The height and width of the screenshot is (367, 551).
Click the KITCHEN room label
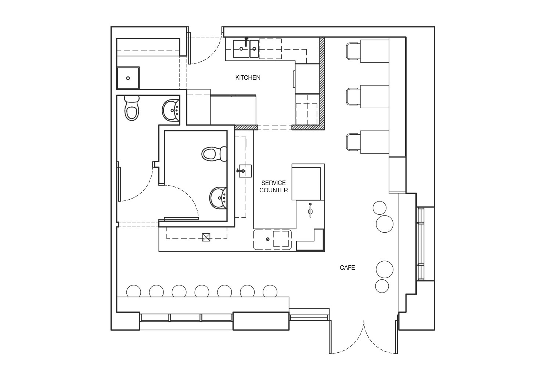click(248, 77)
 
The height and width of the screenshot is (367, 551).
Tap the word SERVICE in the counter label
click(273, 183)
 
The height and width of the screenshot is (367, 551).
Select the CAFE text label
click(347, 268)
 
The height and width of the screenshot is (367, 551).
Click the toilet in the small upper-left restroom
click(132, 108)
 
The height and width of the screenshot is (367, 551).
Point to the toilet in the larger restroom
click(214, 154)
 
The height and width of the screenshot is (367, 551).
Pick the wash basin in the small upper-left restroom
click(171, 110)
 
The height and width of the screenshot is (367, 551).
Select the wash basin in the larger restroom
click(219, 198)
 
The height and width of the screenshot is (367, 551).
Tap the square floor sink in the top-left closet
click(128, 78)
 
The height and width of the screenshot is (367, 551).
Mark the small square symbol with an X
click(206, 237)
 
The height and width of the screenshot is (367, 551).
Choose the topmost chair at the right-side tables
click(353, 51)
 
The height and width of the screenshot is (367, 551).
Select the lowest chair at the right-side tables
click(353, 142)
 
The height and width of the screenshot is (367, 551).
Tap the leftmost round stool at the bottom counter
click(134, 292)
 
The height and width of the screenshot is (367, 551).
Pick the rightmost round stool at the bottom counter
click(270, 292)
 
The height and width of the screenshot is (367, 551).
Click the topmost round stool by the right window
click(379, 208)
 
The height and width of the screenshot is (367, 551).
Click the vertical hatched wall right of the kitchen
click(322, 83)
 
